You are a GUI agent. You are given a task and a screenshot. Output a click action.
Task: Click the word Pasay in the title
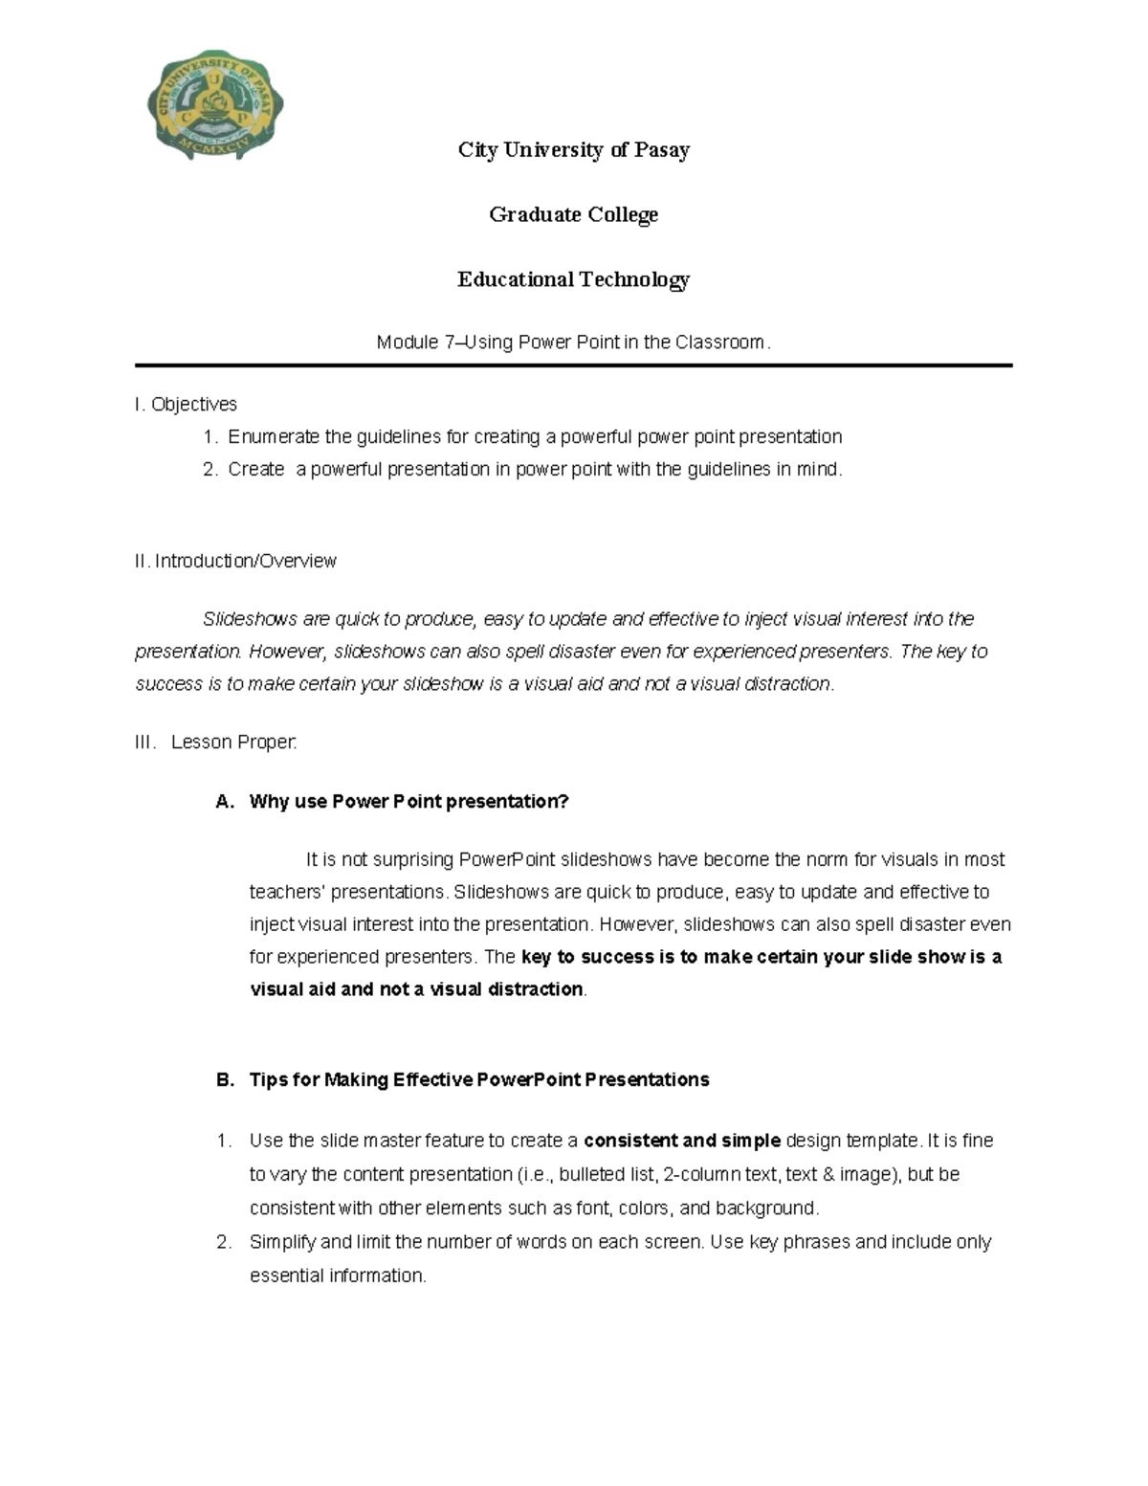(x=662, y=150)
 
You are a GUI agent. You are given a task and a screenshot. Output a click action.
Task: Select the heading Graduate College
(x=573, y=214)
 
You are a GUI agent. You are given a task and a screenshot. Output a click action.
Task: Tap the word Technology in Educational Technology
(x=633, y=279)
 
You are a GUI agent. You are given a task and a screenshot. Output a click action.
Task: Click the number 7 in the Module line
(x=450, y=343)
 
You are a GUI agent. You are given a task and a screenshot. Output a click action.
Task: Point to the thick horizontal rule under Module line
(x=573, y=366)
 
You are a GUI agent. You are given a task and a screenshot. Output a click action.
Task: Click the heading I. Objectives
(x=186, y=405)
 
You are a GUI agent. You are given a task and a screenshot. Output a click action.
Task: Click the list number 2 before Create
(x=210, y=470)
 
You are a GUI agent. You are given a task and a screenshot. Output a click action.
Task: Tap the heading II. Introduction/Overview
(x=235, y=562)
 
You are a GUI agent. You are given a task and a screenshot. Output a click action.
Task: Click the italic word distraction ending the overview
(x=787, y=684)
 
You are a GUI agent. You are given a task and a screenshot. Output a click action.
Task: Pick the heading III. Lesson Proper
(x=217, y=743)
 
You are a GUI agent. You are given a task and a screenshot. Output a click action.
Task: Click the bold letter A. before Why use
(x=225, y=802)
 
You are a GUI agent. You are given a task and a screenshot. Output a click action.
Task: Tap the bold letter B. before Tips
(x=225, y=1080)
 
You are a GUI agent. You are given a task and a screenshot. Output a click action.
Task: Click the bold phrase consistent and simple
(x=682, y=1141)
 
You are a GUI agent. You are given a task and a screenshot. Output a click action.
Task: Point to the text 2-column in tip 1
(x=695, y=1174)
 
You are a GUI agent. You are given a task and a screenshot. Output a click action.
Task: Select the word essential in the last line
(x=287, y=1275)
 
